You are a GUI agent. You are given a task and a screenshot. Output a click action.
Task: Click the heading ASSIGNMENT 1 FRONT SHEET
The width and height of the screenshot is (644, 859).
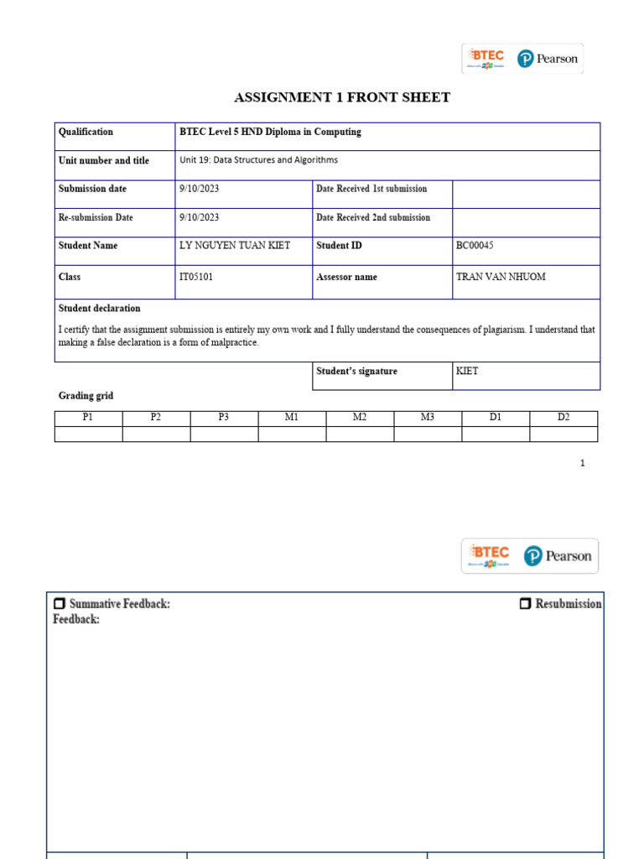pyautogui.click(x=341, y=97)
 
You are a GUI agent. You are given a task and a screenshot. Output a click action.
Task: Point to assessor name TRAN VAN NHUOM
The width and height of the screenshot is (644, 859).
pyautogui.click(x=500, y=277)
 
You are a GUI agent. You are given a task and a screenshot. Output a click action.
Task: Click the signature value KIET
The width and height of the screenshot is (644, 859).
pyautogui.click(x=467, y=371)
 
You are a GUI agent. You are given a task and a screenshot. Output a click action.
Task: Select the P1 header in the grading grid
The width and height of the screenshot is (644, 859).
pyautogui.click(x=88, y=418)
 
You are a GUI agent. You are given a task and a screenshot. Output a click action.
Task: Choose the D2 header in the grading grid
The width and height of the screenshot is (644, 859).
pyautogui.click(x=563, y=418)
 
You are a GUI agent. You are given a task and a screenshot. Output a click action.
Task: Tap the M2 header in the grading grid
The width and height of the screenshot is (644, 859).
pyautogui.click(x=360, y=418)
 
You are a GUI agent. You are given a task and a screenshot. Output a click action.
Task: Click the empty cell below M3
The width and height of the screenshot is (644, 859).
pyautogui.click(x=428, y=434)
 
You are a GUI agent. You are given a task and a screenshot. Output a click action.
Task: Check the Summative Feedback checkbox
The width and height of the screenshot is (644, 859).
pyautogui.click(x=59, y=604)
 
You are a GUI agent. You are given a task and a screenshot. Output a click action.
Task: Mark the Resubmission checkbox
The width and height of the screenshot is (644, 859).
pyautogui.click(x=525, y=604)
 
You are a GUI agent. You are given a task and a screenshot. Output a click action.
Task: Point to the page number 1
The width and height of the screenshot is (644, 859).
pyautogui.click(x=582, y=463)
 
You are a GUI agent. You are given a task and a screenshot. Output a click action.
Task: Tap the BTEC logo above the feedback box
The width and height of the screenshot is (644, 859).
pyautogui.click(x=490, y=554)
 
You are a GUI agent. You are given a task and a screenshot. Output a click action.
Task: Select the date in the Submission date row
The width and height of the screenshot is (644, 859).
pyautogui.click(x=199, y=189)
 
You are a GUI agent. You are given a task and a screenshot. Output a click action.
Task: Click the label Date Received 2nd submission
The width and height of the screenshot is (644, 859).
pyautogui.click(x=373, y=217)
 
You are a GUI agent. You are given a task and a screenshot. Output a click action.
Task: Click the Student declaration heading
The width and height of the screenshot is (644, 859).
pyautogui.click(x=99, y=308)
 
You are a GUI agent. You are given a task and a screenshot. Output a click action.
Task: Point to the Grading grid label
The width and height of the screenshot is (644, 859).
pyautogui.click(x=86, y=395)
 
